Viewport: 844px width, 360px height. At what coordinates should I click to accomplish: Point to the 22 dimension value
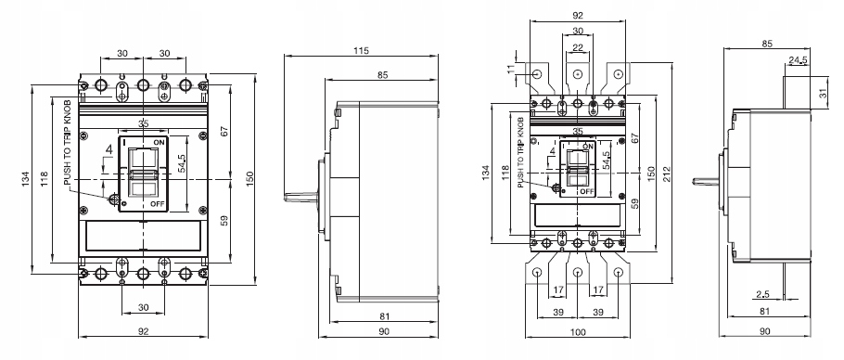tap(578, 48)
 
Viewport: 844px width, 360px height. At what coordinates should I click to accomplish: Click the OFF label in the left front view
tap(158, 202)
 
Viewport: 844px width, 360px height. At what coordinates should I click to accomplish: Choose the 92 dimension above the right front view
tap(578, 15)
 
